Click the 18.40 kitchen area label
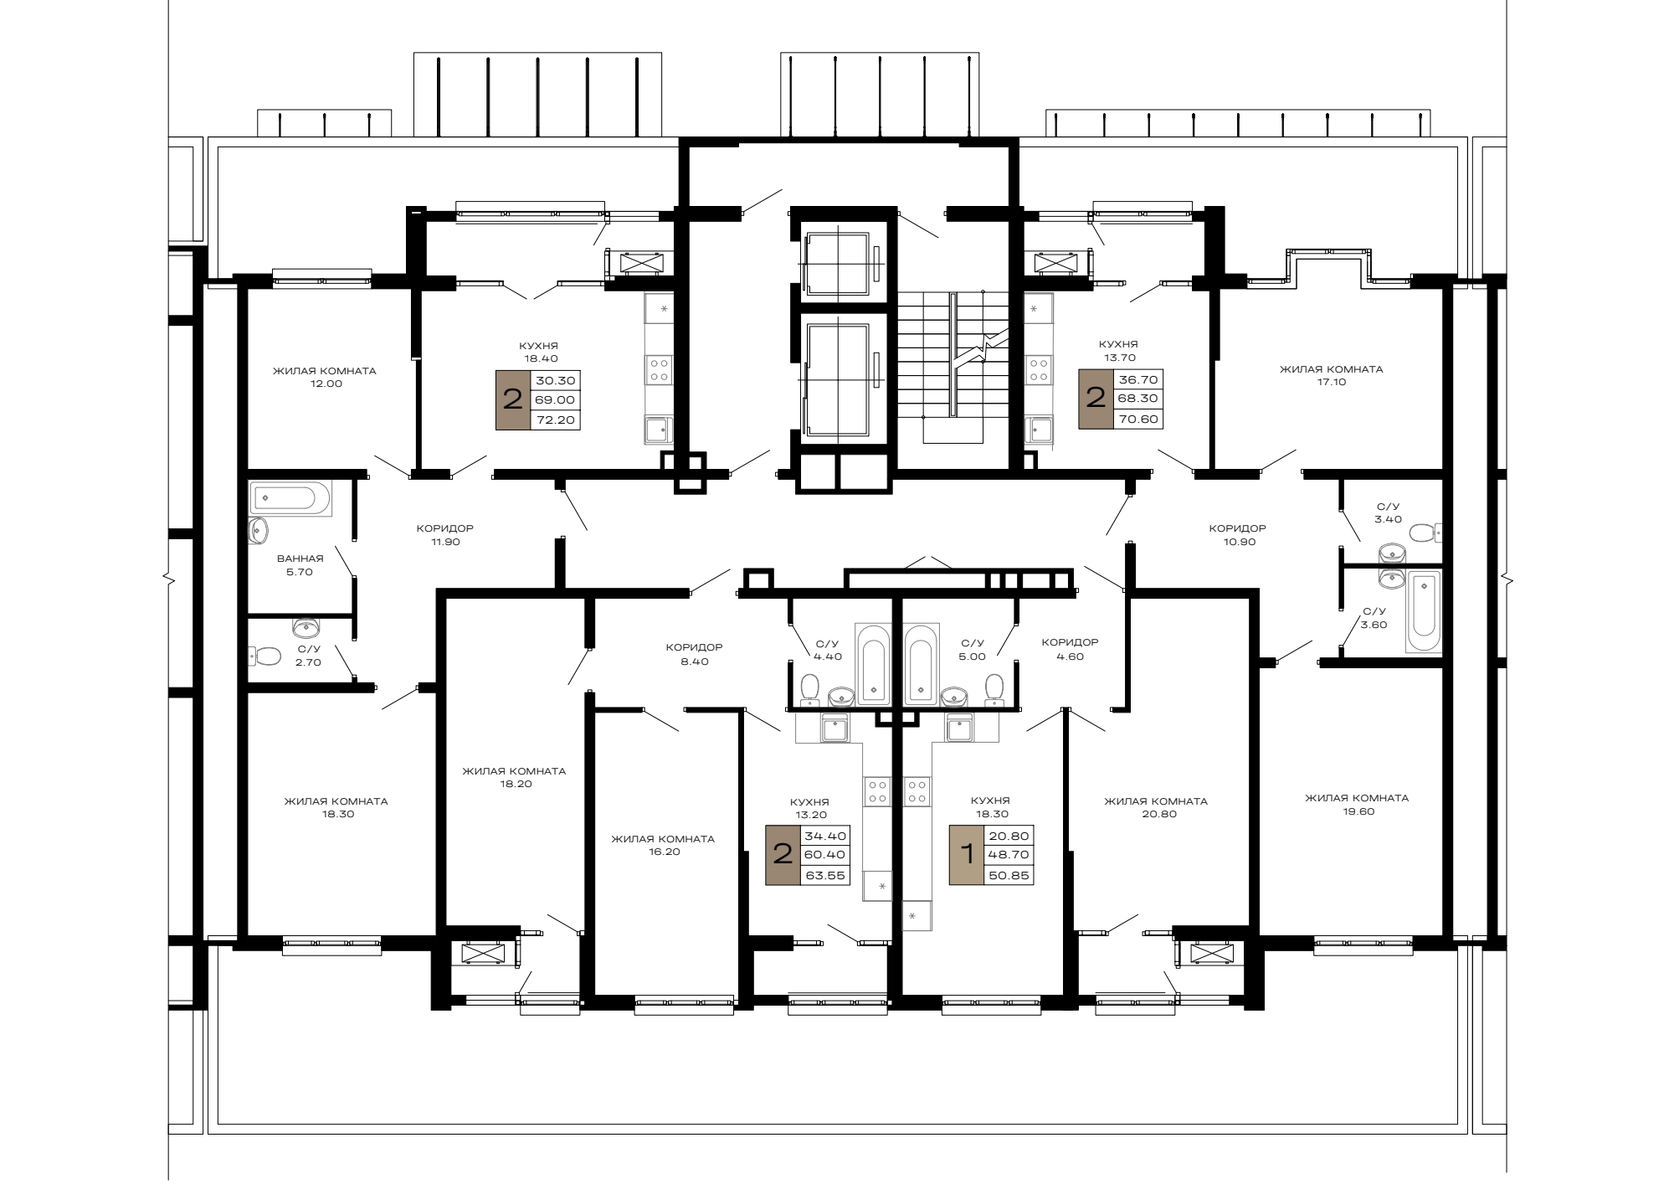pyautogui.click(x=538, y=352)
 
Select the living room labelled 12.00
pyautogui.click(x=325, y=377)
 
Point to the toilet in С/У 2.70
pyautogui.click(x=264, y=656)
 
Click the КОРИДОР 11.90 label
pyautogui.click(x=445, y=535)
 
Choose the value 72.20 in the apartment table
pyautogui.click(x=556, y=420)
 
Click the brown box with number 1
pyautogui.click(x=967, y=855)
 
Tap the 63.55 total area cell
pyautogui.click(x=825, y=876)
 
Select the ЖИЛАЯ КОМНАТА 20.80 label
pyautogui.click(x=1156, y=807)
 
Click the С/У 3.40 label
pyautogui.click(x=1388, y=513)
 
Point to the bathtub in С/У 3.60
pyautogui.click(x=1424, y=611)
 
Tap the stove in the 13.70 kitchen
pyautogui.click(x=1039, y=371)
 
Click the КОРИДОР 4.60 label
pyautogui.click(x=1070, y=649)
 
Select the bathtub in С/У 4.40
pyautogui.click(x=874, y=666)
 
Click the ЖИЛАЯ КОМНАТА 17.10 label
pyautogui.click(x=1331, y=375)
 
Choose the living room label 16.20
pyautogui.click(x=663, y=845)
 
